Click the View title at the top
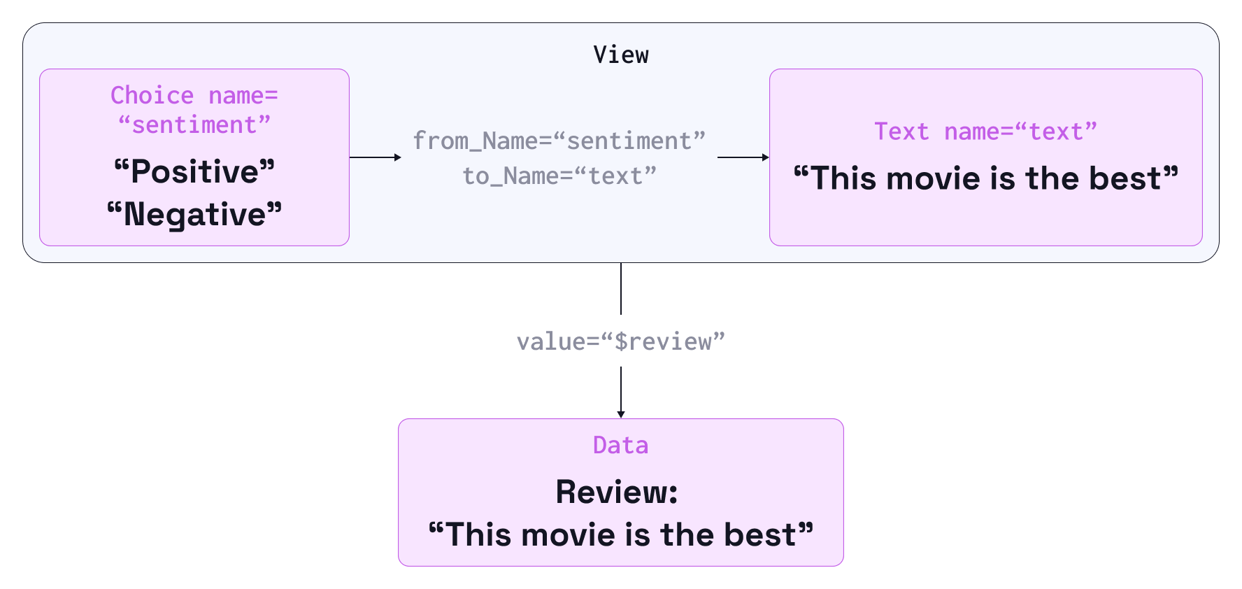tap(621, 55)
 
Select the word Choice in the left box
tap(152, 95)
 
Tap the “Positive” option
tap(194, 171)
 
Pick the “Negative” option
tap(194, 214)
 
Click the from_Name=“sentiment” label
tap(559, 141)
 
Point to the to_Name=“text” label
tap(559, 176)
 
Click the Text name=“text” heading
tap(985, 132)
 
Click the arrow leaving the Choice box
tap(376, 157)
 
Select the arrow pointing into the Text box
tap(743, 157)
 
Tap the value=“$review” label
tap(621, 341)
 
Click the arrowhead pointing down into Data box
tap(621, 414)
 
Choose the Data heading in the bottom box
tap(621, 445)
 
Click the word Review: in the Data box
tap(617, 492)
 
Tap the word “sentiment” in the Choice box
tap(194, 125)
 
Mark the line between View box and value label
tap(621, 289)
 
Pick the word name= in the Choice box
tap(243, 95)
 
